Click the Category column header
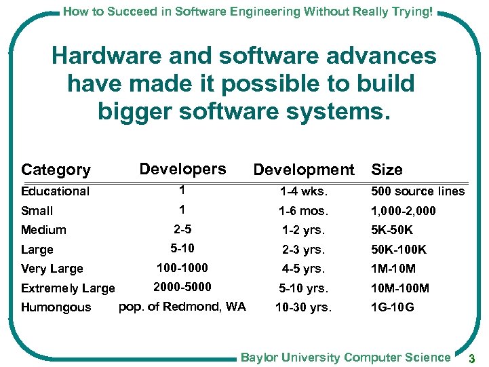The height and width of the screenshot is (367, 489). pos(56,170)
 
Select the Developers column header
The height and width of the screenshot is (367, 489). pos(182,168)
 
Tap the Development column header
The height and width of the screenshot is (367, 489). pos(303,170)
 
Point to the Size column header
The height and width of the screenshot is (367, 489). pos(387,170)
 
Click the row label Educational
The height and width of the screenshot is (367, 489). pos(55,191)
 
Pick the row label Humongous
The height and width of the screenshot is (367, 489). pos(56,307)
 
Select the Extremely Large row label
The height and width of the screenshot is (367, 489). pos(68,288)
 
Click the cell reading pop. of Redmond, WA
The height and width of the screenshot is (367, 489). pos(182,307)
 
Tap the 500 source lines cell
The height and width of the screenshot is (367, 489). pos(417,191)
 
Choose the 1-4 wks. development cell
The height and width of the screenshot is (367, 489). pos(303,191)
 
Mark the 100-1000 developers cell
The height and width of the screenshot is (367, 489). pos(182,268)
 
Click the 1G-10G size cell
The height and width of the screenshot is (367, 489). pos(392,307)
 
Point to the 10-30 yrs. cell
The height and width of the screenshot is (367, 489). pos(303,307)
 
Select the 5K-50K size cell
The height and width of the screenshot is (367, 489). pos(391,230)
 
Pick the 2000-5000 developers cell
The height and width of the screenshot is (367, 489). pos(182,287)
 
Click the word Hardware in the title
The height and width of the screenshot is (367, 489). pos(102,56)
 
